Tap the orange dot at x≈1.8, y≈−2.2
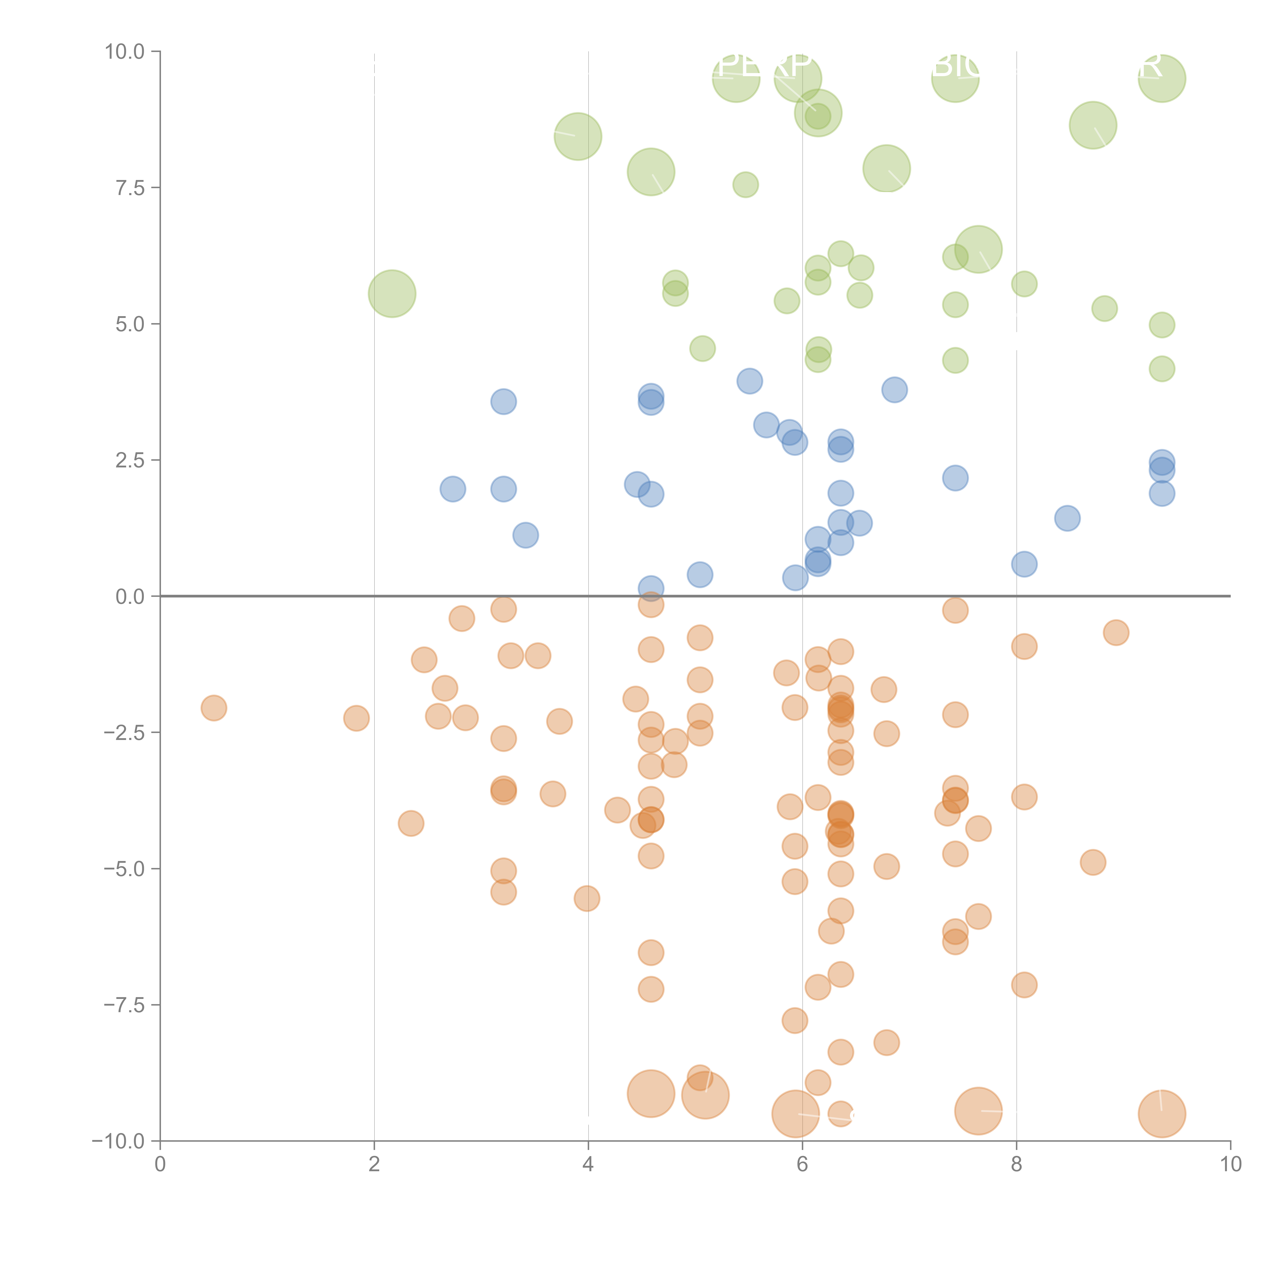(x=356, y=718)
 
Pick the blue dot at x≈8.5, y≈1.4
(x=1067, y=518)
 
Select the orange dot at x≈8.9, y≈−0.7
(x=1116, y=632)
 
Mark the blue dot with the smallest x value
(x=453, y=489)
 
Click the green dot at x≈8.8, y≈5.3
(x=1104, y=308)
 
